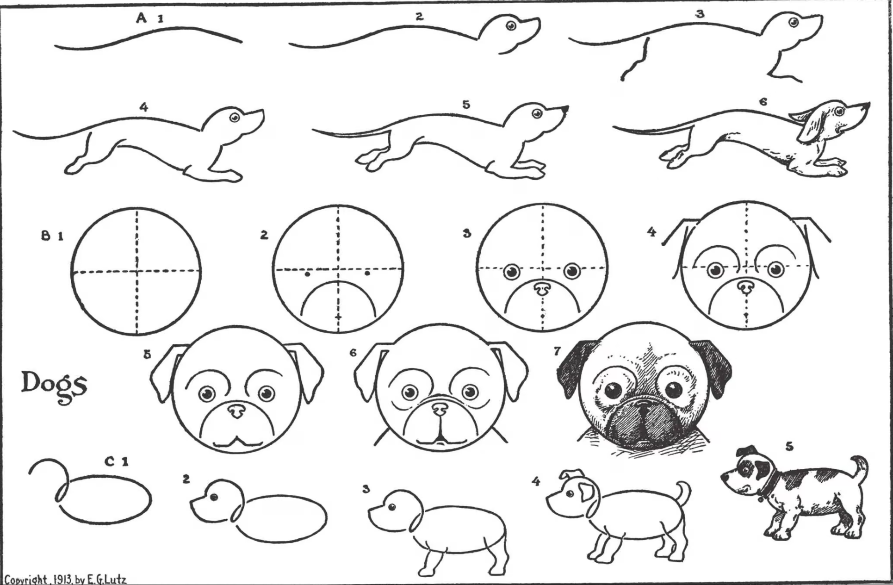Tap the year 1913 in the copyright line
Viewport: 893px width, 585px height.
tap(62, 579)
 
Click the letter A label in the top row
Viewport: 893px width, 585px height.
tap(142, 18)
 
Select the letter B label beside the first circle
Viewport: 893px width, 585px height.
tap(46, 236)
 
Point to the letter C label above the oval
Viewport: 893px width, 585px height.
tap(110, 461)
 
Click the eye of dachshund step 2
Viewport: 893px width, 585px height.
tap(511, 26)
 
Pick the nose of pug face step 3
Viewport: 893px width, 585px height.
tap(542, 288)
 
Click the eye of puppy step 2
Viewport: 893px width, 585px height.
tap(214, 498)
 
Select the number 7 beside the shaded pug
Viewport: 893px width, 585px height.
tap(557, 351)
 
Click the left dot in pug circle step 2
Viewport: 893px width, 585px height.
tap(308, 274)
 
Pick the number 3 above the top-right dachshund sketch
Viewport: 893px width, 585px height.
tap(700, 14)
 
